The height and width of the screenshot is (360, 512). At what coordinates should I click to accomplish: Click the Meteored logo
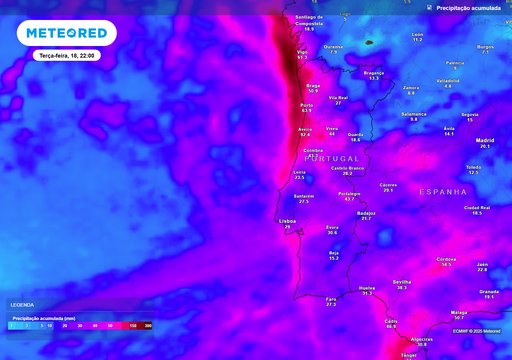[x=66, y=33]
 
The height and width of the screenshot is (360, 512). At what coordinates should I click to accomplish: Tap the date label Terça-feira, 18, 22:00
[x=67, y=57]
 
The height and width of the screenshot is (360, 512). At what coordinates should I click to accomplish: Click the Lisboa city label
[x=288, y=220]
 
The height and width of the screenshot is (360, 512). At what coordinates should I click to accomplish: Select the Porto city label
[x=307, y=104]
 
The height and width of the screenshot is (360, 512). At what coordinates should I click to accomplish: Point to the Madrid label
[x=485, y=140]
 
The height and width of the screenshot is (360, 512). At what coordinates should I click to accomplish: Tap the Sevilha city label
[x=403, y=282]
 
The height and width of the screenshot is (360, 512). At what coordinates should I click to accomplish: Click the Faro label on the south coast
[x=331, y=298]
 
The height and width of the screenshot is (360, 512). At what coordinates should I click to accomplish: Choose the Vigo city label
[x=302, y=51]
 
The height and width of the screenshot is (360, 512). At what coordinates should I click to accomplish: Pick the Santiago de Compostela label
[x=309, y=19]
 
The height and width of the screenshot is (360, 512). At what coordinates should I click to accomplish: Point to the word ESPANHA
[x=443, y=191]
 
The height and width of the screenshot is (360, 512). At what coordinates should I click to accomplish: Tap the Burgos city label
[x=486, y=46]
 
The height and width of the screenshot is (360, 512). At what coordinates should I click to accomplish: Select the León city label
[x=417, y=34]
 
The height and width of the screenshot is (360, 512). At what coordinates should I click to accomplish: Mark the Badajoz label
[x=366, y=212]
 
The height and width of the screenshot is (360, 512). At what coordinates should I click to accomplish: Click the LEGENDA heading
[x=21, y=305]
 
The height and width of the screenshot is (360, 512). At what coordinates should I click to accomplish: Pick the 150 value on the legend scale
[x=131, y=326]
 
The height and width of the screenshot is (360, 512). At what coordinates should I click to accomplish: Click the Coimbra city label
[x=313, y=150]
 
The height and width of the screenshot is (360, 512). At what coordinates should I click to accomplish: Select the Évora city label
[x=332, y=227]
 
